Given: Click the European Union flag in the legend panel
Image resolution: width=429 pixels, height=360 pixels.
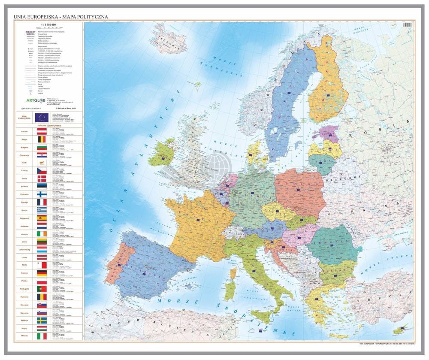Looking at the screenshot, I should [x=42, y=118].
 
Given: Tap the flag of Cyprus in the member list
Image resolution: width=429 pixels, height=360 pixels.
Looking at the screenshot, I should [x=42, y=163].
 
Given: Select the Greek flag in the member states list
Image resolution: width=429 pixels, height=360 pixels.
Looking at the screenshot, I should [x=42, y=210].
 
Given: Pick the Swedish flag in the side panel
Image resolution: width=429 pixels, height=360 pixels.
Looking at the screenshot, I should [x=42, y=320].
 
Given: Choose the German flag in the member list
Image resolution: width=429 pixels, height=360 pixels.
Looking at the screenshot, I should [x=42, y=273].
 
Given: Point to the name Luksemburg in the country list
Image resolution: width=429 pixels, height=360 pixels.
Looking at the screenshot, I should [x=24, y=249].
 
